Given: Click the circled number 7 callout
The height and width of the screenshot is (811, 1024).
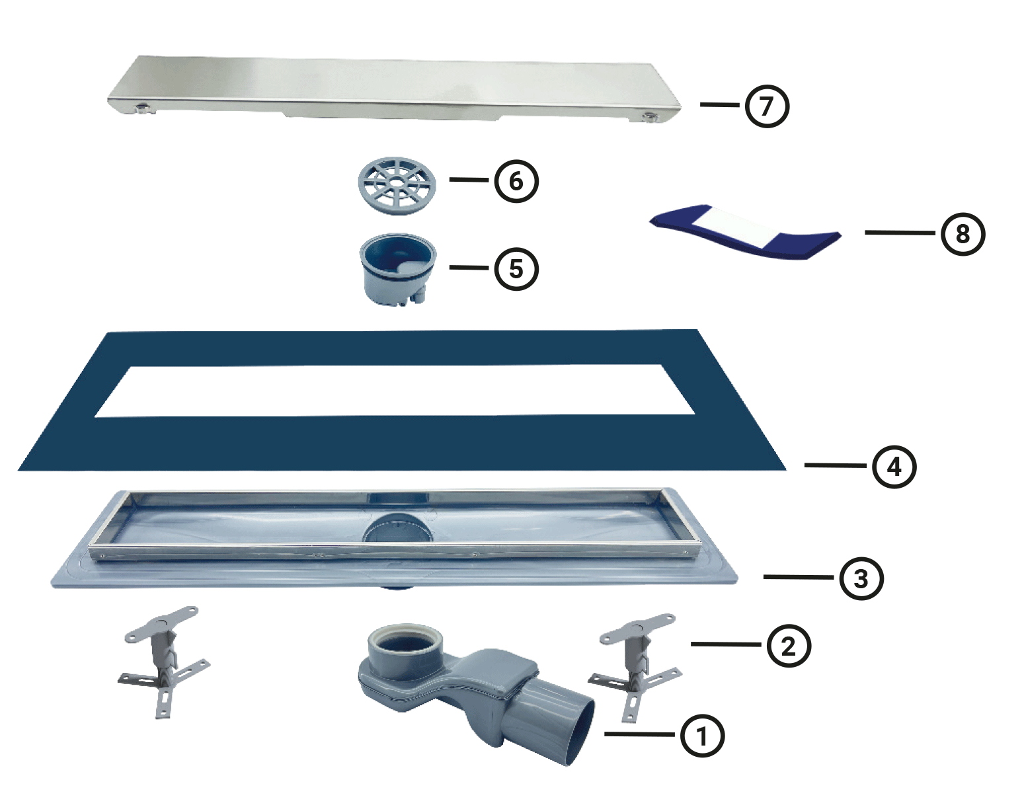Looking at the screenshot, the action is (x=767, y=106).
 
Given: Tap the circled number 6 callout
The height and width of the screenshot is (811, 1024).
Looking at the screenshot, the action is (x=516, y=181).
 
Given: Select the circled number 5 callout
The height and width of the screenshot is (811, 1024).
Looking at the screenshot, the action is (x=516, y=268).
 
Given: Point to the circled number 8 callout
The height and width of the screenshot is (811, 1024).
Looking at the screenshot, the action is (x=963, y=234).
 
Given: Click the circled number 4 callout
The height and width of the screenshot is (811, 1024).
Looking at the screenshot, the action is (x=894, y=467).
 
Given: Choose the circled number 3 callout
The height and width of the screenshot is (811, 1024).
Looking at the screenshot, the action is (x=861, y=578).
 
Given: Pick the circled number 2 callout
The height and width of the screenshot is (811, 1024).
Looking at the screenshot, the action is (x=789, y=646).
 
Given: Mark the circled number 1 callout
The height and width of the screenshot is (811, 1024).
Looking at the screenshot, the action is (x=702, y=736).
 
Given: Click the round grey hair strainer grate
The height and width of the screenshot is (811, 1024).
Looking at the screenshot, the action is (x=397, y=186).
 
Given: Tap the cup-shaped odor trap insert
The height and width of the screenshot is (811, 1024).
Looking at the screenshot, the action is (x=398, y=269).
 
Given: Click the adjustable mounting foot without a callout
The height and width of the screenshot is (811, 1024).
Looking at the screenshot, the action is (x=164, y=662).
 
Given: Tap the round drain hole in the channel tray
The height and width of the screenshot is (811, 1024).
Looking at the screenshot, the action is (x=397, y=528).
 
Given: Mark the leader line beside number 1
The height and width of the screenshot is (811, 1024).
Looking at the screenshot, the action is (x=639, y=734).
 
